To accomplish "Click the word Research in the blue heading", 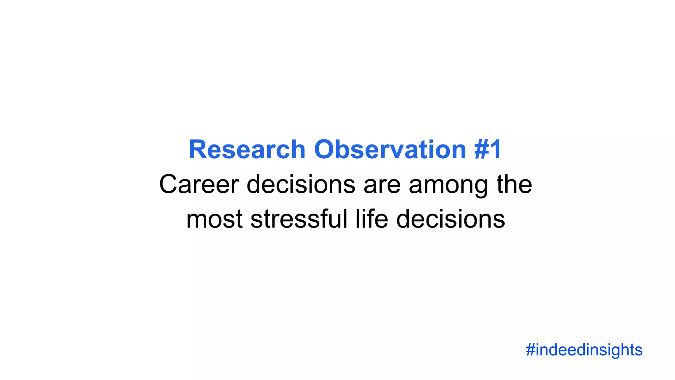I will pyautogui.click(x=247, y=150).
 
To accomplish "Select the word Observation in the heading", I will pyautogui.click(x=390, y=150).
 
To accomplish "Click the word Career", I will pyautogui.click(x=199, y=184).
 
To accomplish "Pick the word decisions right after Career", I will pyautogui.click(x=301, y=184).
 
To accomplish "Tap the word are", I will pyautogui.click(x=382, y=184).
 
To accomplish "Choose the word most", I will pyautogui.click(x=215, y=219).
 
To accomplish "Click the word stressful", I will pyautogui.click(x=299, y=219).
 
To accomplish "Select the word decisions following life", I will pyautogui.click(x=451, y=219).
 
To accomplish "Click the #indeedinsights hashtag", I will pyautogui.click(x=584, y=350).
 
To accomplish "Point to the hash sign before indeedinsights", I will pyautogui.click(x=530, y=350).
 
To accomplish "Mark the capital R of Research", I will pyautogui.click(x=197, y=150).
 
